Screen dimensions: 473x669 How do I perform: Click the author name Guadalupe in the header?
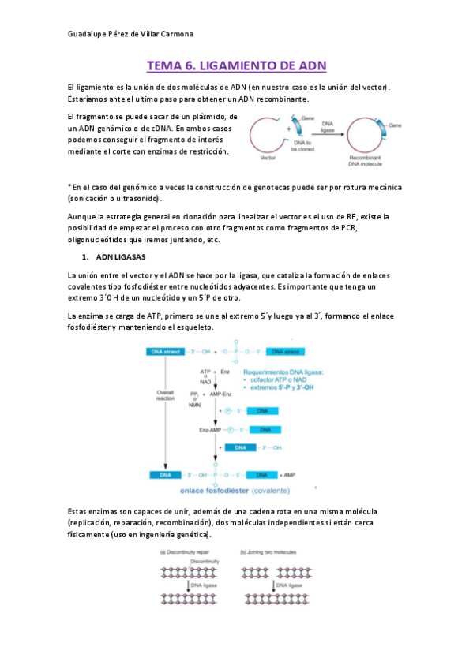87,33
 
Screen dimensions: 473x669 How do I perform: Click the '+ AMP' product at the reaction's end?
287,475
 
